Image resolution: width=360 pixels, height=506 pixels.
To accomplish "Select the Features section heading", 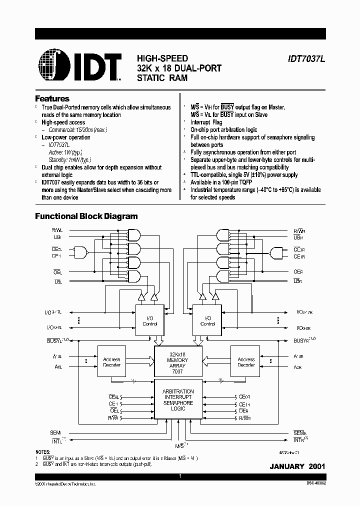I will pos(52,99).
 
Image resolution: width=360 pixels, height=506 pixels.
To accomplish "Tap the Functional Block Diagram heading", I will pos(86,216).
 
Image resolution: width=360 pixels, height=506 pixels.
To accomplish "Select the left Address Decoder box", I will pos(111,362).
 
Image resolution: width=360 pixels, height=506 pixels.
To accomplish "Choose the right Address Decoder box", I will pos(246,362).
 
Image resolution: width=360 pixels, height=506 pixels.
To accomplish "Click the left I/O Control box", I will pos(150,320).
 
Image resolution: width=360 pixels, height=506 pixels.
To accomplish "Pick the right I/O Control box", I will pos(207,320).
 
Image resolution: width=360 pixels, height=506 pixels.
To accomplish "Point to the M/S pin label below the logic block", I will pos(178,444).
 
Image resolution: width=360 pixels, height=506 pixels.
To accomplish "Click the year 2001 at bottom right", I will pos(316,466).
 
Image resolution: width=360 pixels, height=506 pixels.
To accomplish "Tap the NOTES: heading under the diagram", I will pos(44,452).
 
